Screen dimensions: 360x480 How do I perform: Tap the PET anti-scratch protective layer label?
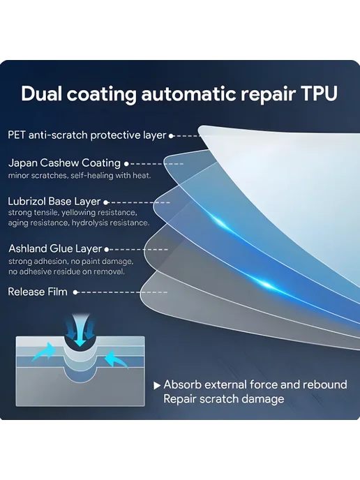87,135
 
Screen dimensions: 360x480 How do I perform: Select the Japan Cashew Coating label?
64,163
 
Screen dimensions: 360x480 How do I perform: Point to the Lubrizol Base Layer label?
54,202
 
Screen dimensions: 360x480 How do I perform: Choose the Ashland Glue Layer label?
55,248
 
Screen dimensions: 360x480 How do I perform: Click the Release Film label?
38,292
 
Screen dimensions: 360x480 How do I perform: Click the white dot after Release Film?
75,292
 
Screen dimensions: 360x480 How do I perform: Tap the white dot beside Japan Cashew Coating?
126,164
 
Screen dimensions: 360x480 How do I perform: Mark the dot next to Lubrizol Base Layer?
106,202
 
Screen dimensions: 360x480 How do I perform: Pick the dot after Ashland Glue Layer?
107,250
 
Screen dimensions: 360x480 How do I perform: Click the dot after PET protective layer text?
172,135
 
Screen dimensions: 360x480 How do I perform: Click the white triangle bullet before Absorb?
157,386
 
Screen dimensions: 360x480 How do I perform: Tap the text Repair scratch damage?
224,399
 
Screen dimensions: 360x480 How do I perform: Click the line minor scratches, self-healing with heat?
80,176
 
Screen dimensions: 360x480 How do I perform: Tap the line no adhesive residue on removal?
66,271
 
